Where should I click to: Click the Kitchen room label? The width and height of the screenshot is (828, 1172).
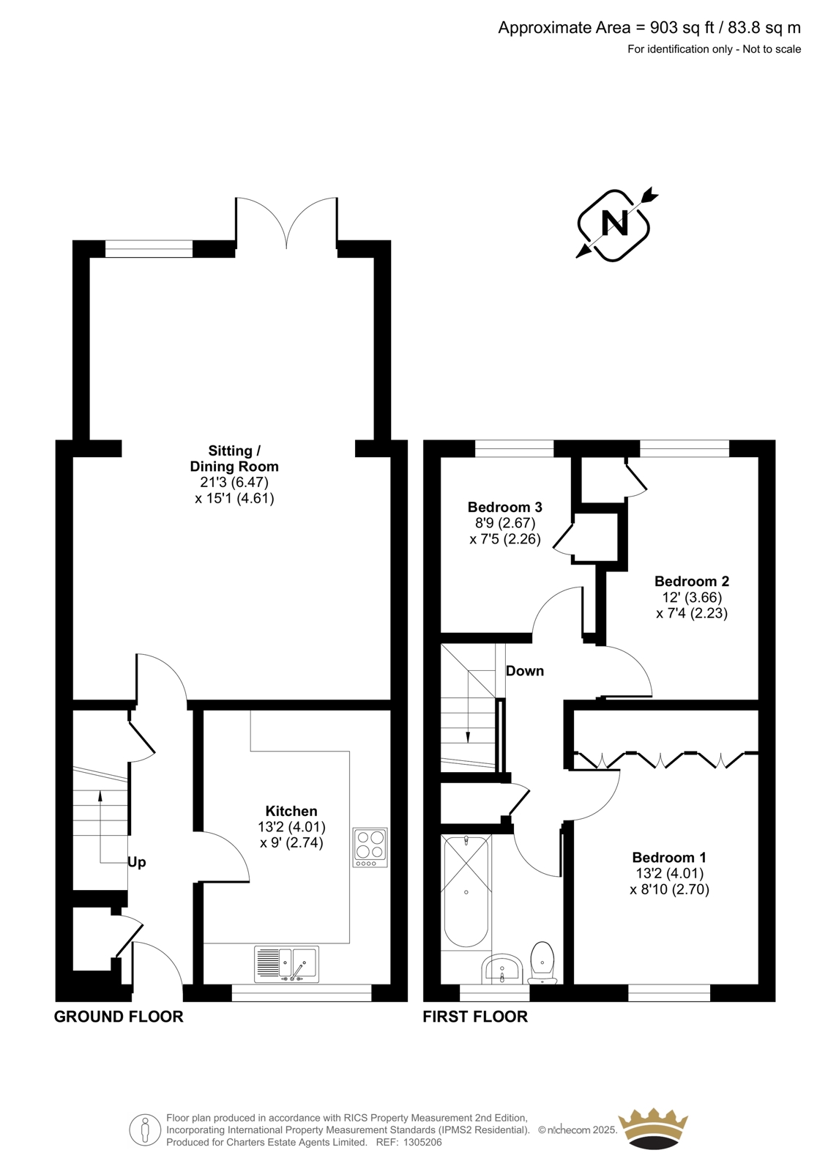tap(291, 811)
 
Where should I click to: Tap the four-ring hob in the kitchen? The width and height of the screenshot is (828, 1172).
tap(370, 847)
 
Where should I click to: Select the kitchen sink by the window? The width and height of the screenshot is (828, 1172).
tap(287, 964)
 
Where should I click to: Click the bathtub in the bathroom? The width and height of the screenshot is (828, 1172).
tap(466, 891)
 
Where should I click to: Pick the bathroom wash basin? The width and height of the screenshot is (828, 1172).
tap(501, 968)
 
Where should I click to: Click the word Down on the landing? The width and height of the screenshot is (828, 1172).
tap(525, 671)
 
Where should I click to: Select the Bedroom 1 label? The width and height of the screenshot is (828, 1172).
tap(669, 857)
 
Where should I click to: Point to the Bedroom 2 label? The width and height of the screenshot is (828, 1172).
tap(692, 581)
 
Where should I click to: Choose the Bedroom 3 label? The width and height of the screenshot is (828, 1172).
tap(504, 506)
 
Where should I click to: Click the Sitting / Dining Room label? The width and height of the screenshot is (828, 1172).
tap(234, 459)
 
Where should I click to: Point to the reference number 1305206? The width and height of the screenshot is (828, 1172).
tap(422, 1142)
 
